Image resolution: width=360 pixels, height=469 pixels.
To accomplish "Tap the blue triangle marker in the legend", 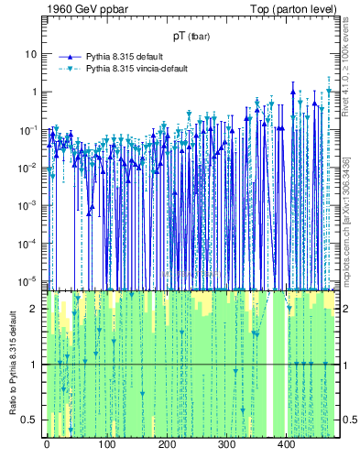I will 65,56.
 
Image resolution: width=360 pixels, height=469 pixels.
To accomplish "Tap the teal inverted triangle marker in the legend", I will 65,69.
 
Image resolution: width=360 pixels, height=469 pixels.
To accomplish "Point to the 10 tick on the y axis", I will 32,53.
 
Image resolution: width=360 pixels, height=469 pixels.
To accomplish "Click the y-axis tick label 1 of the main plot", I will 35,92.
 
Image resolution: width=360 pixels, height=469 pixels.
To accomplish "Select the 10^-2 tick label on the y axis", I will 30,167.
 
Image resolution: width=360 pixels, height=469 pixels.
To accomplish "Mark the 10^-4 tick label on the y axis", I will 30,242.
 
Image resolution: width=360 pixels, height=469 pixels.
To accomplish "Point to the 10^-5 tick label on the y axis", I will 30,279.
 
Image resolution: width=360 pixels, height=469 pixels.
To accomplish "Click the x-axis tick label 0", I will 47,444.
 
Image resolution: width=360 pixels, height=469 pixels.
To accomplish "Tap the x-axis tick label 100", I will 106,444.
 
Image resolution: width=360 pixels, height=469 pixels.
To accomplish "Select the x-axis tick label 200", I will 167,444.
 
